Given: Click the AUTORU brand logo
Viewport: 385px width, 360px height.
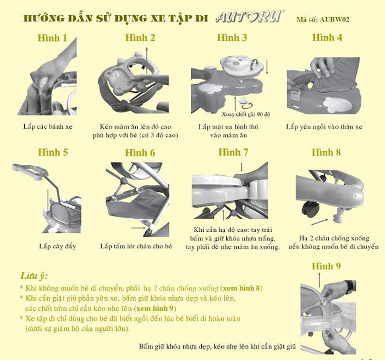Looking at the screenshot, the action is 250,16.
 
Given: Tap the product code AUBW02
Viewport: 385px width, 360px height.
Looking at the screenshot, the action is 334,19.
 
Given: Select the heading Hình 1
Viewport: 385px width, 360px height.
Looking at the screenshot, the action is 52,38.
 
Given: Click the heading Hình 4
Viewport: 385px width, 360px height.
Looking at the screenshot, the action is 327,37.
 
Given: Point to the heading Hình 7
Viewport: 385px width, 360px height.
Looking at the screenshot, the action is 233,152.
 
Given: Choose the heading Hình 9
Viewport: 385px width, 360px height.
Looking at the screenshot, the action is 326,266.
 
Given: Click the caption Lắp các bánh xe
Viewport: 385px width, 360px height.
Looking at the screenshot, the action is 48,126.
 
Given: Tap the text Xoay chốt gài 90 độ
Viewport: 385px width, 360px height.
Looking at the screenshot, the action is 246,114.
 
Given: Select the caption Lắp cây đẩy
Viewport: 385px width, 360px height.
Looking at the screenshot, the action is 57,246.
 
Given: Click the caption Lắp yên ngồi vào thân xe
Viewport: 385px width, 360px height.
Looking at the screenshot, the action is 324,127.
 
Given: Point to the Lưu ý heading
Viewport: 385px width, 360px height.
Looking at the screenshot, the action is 34,276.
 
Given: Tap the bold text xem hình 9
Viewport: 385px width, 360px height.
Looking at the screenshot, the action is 155,308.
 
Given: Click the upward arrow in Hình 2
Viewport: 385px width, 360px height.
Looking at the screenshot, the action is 147,60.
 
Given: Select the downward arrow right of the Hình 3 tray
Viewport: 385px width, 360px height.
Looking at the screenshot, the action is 267,67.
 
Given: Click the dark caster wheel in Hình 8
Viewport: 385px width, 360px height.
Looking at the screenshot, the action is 311,209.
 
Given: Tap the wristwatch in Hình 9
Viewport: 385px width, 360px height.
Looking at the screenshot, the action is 350,286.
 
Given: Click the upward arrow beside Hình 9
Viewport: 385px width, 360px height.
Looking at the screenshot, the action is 319,280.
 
